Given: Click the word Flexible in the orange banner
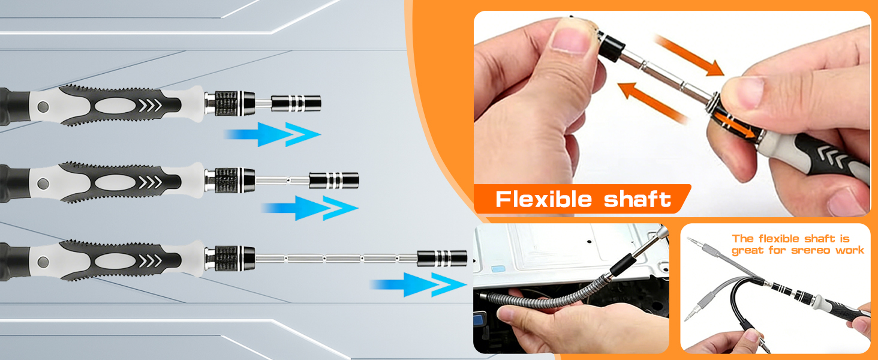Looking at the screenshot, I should point(543,199).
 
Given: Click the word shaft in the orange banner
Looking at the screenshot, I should point(638,199).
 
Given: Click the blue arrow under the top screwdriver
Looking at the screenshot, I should point(273,134).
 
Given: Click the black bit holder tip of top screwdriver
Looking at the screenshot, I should point(296,103).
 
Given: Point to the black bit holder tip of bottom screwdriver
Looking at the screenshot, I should point(443,259).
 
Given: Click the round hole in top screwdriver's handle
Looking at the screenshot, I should point(43,107).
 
